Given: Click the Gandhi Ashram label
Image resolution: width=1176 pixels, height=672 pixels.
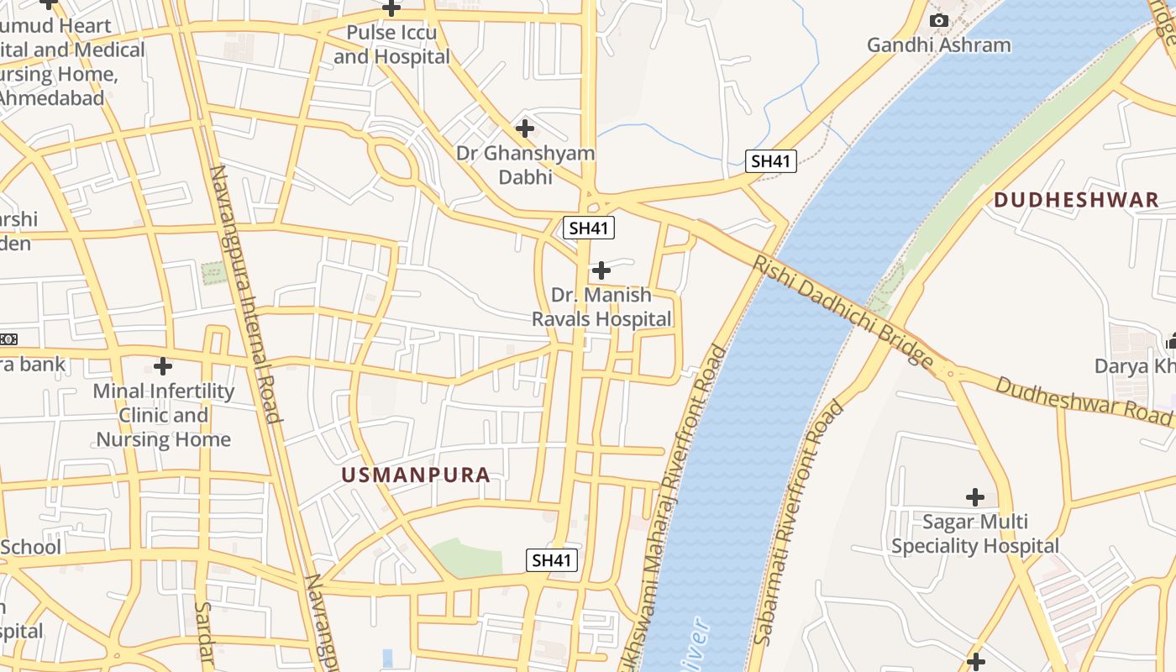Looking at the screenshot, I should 938,45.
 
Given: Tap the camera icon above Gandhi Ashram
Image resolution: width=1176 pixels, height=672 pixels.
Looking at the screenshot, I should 939,20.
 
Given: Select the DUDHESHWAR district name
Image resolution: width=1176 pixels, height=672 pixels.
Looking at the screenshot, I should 1076,200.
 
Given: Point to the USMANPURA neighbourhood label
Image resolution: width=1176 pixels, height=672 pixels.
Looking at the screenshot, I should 416,475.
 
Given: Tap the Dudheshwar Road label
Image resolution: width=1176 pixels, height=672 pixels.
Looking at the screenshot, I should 1084,400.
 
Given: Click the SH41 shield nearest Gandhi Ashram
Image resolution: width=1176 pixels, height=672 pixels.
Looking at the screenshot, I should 771,161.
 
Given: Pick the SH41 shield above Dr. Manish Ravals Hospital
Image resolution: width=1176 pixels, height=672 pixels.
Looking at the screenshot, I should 590,228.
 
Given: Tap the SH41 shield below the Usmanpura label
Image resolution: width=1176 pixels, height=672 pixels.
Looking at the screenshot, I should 552,560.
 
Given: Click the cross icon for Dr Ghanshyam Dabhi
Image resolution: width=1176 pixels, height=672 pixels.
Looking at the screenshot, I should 525,129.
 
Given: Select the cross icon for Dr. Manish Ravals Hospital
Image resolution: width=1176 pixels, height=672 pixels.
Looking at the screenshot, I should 601,270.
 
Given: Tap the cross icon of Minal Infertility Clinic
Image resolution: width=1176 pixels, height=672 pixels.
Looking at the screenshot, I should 163,366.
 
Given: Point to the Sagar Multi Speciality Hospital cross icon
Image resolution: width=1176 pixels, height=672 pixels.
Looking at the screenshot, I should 975,497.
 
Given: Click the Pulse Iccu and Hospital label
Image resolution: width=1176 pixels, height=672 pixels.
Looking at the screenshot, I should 391,45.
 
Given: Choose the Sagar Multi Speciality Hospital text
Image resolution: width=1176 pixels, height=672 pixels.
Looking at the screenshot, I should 974,534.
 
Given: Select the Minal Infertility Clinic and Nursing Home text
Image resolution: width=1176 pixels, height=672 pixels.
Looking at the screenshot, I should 164,415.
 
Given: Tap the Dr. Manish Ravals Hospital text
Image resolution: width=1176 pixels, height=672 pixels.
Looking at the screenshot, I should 602,307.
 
